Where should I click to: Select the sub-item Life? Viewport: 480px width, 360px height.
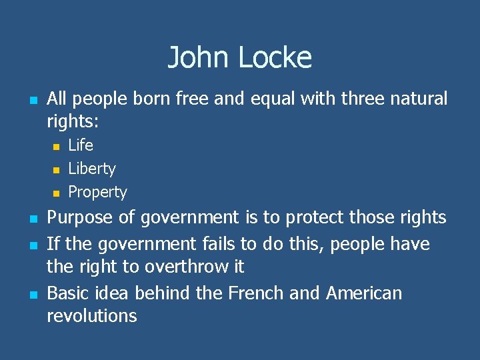(81, 145)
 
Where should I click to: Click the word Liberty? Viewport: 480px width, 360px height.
(92, 169)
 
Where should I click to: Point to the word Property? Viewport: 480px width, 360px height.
(97, 192)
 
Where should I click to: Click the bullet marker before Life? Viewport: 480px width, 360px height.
(57, 146)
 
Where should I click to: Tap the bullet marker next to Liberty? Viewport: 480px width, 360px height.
(57, 169)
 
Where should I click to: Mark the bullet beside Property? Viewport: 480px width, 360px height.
(57, 193)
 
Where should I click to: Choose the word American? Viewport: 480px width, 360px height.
(364, 293)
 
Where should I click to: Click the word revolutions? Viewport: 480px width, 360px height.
(91, 316)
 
